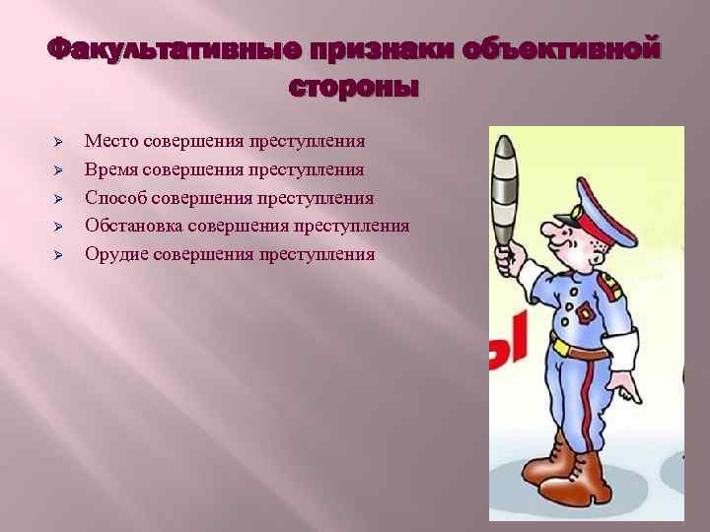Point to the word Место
[x=111, y=141]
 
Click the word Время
[x=112, y=169]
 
